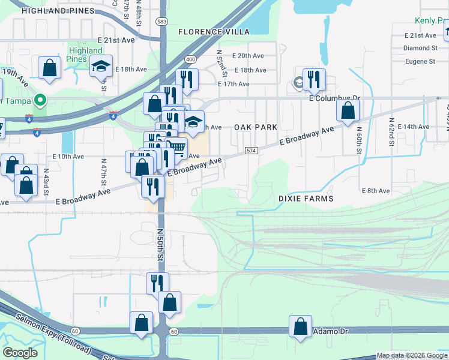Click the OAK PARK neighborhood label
click(256, 127)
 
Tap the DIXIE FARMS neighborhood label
click(306, 198)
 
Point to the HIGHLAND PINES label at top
click(58, 11)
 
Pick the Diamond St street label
click(420, 48)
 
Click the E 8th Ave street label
click(376, 191)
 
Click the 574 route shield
click(252, 150)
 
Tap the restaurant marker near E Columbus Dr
click(314, 79)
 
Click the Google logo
click(21, 353)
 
